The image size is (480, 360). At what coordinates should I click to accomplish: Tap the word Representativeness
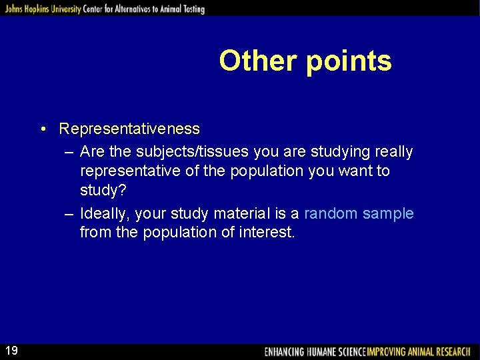tap(129, 128)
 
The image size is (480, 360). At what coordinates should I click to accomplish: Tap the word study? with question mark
tap(102, 191)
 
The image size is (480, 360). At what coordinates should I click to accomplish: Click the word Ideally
tap(105, 213)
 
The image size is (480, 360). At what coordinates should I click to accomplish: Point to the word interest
tap(266, 233)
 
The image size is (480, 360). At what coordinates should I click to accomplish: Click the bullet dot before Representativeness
tap(42, 129)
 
